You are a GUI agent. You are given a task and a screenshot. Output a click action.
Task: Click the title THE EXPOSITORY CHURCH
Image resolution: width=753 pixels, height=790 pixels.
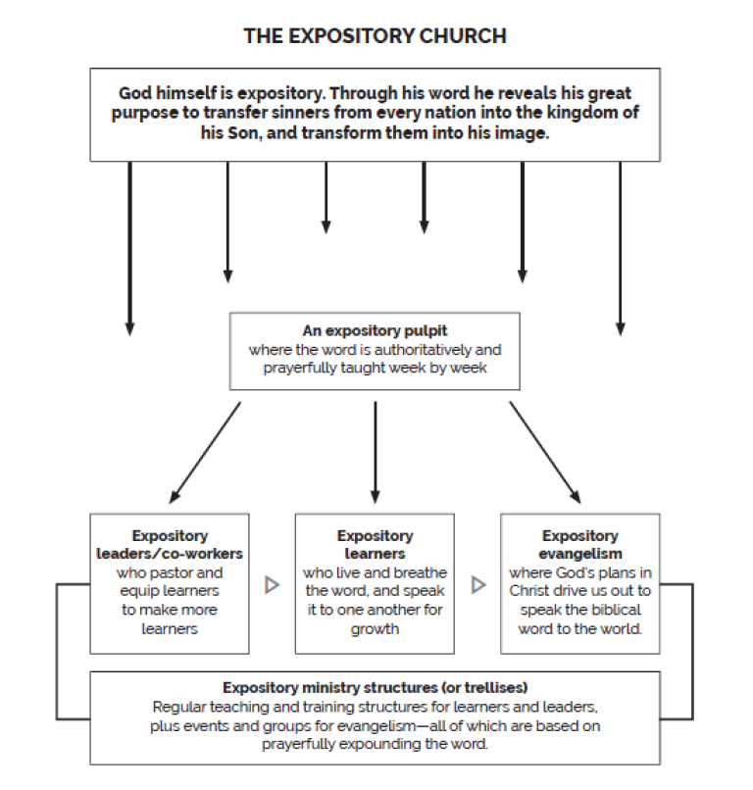click(375, 36)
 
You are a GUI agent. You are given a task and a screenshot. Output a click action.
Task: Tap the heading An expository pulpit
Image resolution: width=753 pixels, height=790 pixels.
click(375, 330)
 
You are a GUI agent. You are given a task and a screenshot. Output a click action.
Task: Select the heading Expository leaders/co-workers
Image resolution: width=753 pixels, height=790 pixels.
click(170, 545)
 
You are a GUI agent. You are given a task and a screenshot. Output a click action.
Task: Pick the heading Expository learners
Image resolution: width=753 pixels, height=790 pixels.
click(375, 545)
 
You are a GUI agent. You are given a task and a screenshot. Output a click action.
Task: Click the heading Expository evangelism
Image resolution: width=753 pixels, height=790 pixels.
click(580, 545)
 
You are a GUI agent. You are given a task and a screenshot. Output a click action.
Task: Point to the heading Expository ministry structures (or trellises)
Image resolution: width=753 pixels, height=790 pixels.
click(375, 688)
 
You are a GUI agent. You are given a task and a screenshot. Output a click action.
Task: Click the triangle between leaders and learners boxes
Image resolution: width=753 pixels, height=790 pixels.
click(273, 585)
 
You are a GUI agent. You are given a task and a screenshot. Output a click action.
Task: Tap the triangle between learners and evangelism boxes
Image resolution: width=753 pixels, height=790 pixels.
click(478, 585)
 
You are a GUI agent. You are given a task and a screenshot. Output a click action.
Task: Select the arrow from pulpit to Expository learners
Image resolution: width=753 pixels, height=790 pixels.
click(375, 453)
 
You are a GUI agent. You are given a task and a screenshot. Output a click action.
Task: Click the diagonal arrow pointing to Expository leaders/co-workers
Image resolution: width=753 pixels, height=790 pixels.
click(205, 453)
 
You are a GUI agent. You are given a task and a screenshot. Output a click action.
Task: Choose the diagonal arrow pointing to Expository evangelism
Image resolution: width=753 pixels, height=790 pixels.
click(545, 453)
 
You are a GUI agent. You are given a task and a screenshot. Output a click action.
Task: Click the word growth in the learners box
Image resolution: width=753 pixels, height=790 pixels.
click(375, 629)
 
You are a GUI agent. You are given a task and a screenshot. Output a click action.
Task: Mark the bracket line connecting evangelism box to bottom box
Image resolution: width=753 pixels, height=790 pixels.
click(692, 652)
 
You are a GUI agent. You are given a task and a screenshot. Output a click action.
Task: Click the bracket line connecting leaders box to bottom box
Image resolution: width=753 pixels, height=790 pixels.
click(57, 652)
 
